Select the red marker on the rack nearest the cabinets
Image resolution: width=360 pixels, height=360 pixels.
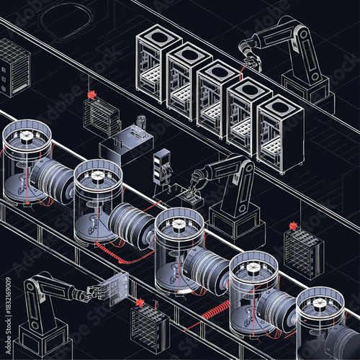point(91,95)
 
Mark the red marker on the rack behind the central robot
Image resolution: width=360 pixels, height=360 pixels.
point(293,226)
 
